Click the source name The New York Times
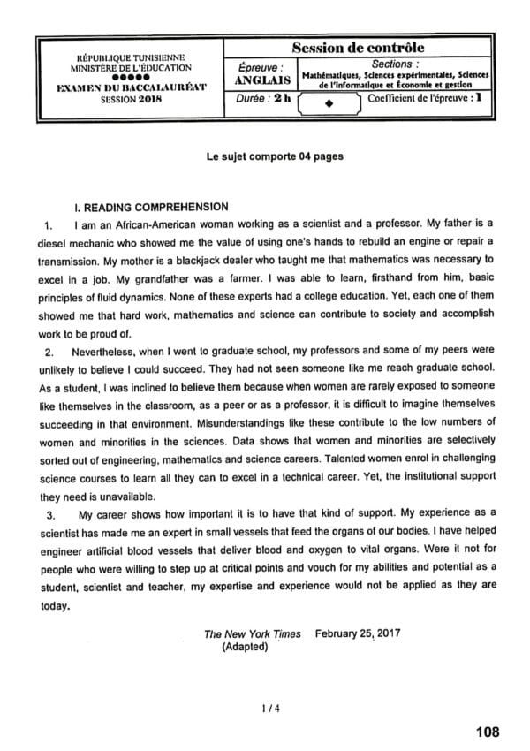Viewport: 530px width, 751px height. click(252, 633)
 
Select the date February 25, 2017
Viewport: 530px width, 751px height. click(355, 633)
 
